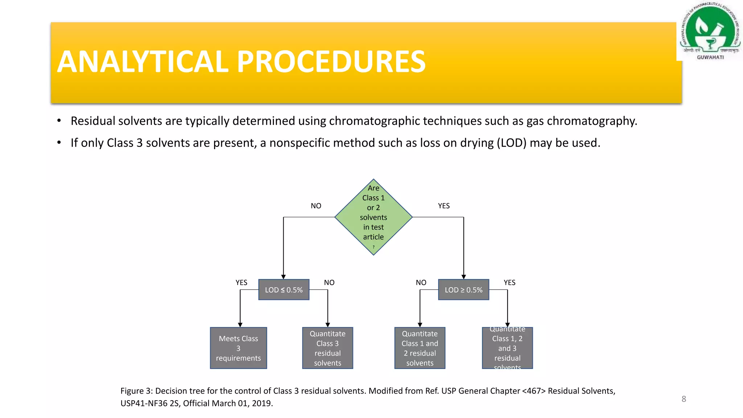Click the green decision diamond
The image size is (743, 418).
point(373,217)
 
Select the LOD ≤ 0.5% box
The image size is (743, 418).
point(284,290)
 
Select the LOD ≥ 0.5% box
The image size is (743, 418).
point(463,290)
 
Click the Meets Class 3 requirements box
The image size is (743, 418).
point(238,348)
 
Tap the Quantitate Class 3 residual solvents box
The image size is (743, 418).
point(328,348)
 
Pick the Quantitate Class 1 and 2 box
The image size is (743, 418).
point(420,348)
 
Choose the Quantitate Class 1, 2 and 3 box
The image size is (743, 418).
point(507,348)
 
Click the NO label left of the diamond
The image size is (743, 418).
point(316,206)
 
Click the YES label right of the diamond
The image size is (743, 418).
point(444,206)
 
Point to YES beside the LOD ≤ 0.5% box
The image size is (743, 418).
point(241,282)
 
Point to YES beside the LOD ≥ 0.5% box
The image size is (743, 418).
point(509,282)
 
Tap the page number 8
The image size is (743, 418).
point(684,399)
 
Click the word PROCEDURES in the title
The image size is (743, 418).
point(331,62)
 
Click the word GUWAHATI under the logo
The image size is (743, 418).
point(710,57)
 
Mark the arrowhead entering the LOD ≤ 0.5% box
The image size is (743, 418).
point(283,277)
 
